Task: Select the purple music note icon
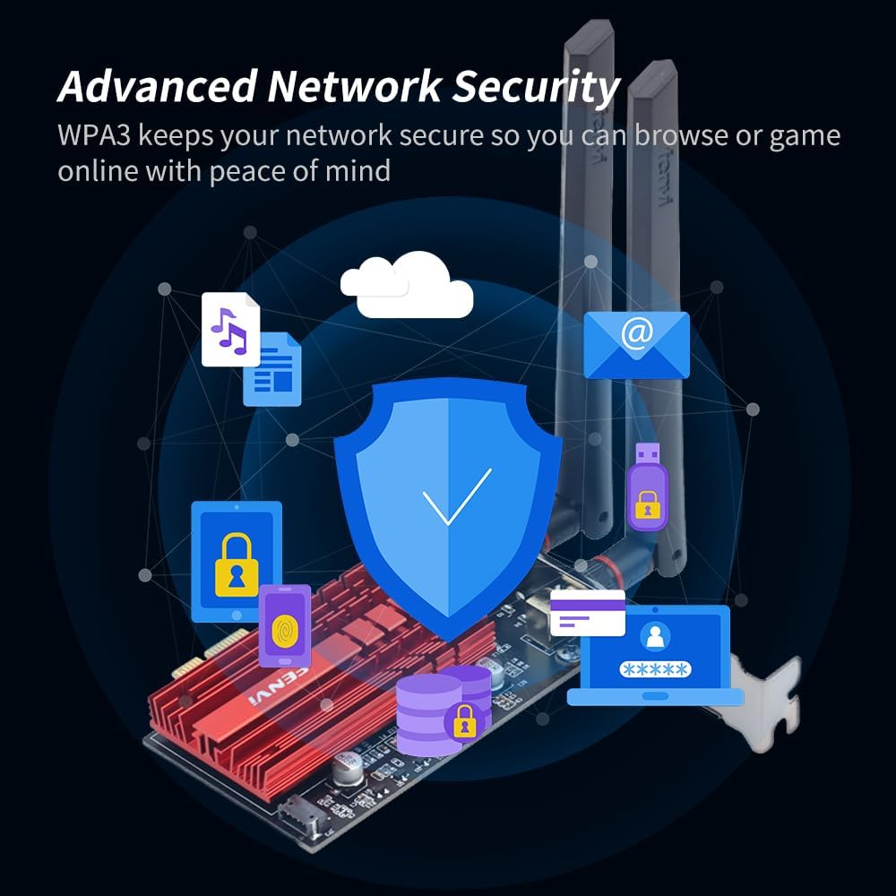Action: pyautogui.click(x=229, y=330)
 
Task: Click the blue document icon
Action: pyautogui.click(x=273, y=369)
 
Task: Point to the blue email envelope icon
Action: pyautogui.click(x=636, y=344)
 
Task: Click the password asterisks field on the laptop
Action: pyautogui.click(x=656, y=669)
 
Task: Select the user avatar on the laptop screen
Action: pyautogui.click(x=656, y=636)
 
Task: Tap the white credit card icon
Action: pyautogui.click(x=587, y=613)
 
